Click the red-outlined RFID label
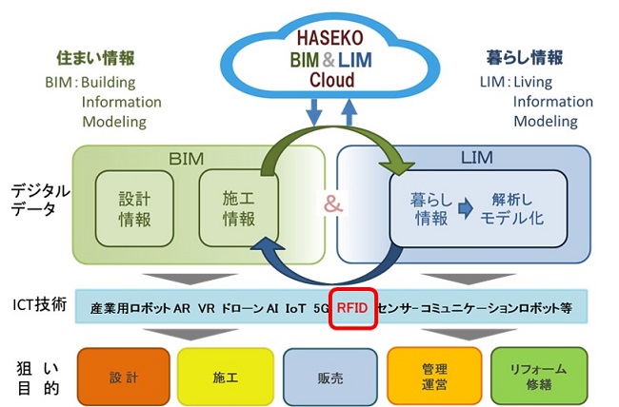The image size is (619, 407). [x=352, y=309]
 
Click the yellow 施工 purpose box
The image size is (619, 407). [x=225, y=377]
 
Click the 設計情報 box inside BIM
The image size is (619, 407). [x=132, y=209]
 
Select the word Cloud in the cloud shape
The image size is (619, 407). [x=331, y=81]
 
